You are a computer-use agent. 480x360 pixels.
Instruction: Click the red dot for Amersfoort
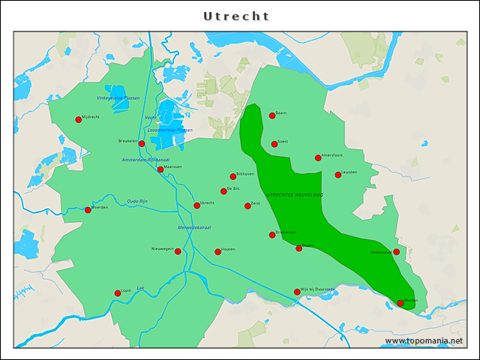[x=318, y=157]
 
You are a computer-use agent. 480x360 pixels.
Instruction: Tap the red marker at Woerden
[x=88, y=210]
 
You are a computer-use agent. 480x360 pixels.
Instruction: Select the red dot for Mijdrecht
[x=78, y=119]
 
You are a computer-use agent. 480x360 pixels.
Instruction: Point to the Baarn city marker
[x=272, y=115]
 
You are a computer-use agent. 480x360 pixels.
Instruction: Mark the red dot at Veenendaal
[x=397, y=252]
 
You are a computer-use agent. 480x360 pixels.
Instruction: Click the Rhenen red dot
[x=400, y=303]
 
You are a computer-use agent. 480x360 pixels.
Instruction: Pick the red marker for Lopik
[x=117, y=293]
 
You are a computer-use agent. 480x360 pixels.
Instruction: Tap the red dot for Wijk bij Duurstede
[x=297, y=292]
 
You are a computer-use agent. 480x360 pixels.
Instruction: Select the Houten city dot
[x=217, y=252]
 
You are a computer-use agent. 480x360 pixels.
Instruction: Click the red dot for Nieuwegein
[x=178, y=251]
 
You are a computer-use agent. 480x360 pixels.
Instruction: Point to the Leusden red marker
[x=337, y=175]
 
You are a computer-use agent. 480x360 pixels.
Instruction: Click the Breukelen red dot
[x=142, y=143]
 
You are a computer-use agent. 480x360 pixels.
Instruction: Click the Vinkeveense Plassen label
[x=118, y=97]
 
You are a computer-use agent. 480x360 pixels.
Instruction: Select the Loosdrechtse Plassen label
[x=169, y=130]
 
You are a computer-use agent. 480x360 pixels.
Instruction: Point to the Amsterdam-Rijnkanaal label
[x=146, y=160]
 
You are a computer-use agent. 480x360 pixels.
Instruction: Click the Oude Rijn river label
[x=137, y=201]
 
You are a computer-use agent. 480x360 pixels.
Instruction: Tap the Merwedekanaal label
[x=194, y=227]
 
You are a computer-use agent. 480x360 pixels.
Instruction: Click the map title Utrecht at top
[x=236, y=16]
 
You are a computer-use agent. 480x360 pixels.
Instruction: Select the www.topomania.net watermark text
[x=424, y=341]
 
